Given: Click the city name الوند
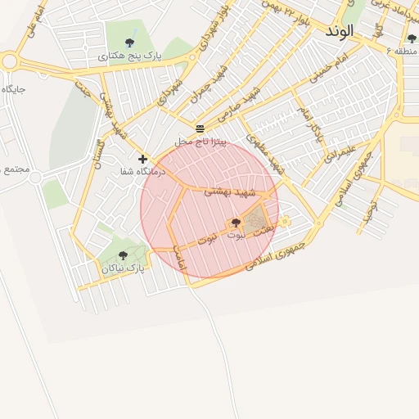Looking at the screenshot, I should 339,31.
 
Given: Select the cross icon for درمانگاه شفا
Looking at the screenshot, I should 143,159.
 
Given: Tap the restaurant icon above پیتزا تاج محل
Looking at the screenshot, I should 200,128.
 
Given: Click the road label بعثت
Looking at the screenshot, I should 263,233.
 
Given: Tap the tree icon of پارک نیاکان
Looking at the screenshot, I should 123,255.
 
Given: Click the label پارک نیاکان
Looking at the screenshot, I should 124,268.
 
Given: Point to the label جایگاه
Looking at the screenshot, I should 14,88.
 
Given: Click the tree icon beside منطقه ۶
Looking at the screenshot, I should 412,38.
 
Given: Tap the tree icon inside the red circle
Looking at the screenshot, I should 236,223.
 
